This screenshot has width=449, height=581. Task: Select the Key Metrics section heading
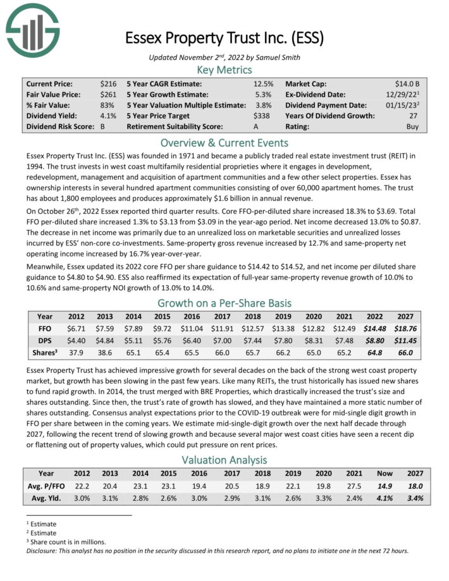(x=225, y=70)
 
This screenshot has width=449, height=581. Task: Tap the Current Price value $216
(x=108, y=83)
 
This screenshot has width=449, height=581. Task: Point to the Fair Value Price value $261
(x=108, y=94)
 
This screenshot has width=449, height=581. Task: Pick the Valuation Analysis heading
(x=225, y=460)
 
